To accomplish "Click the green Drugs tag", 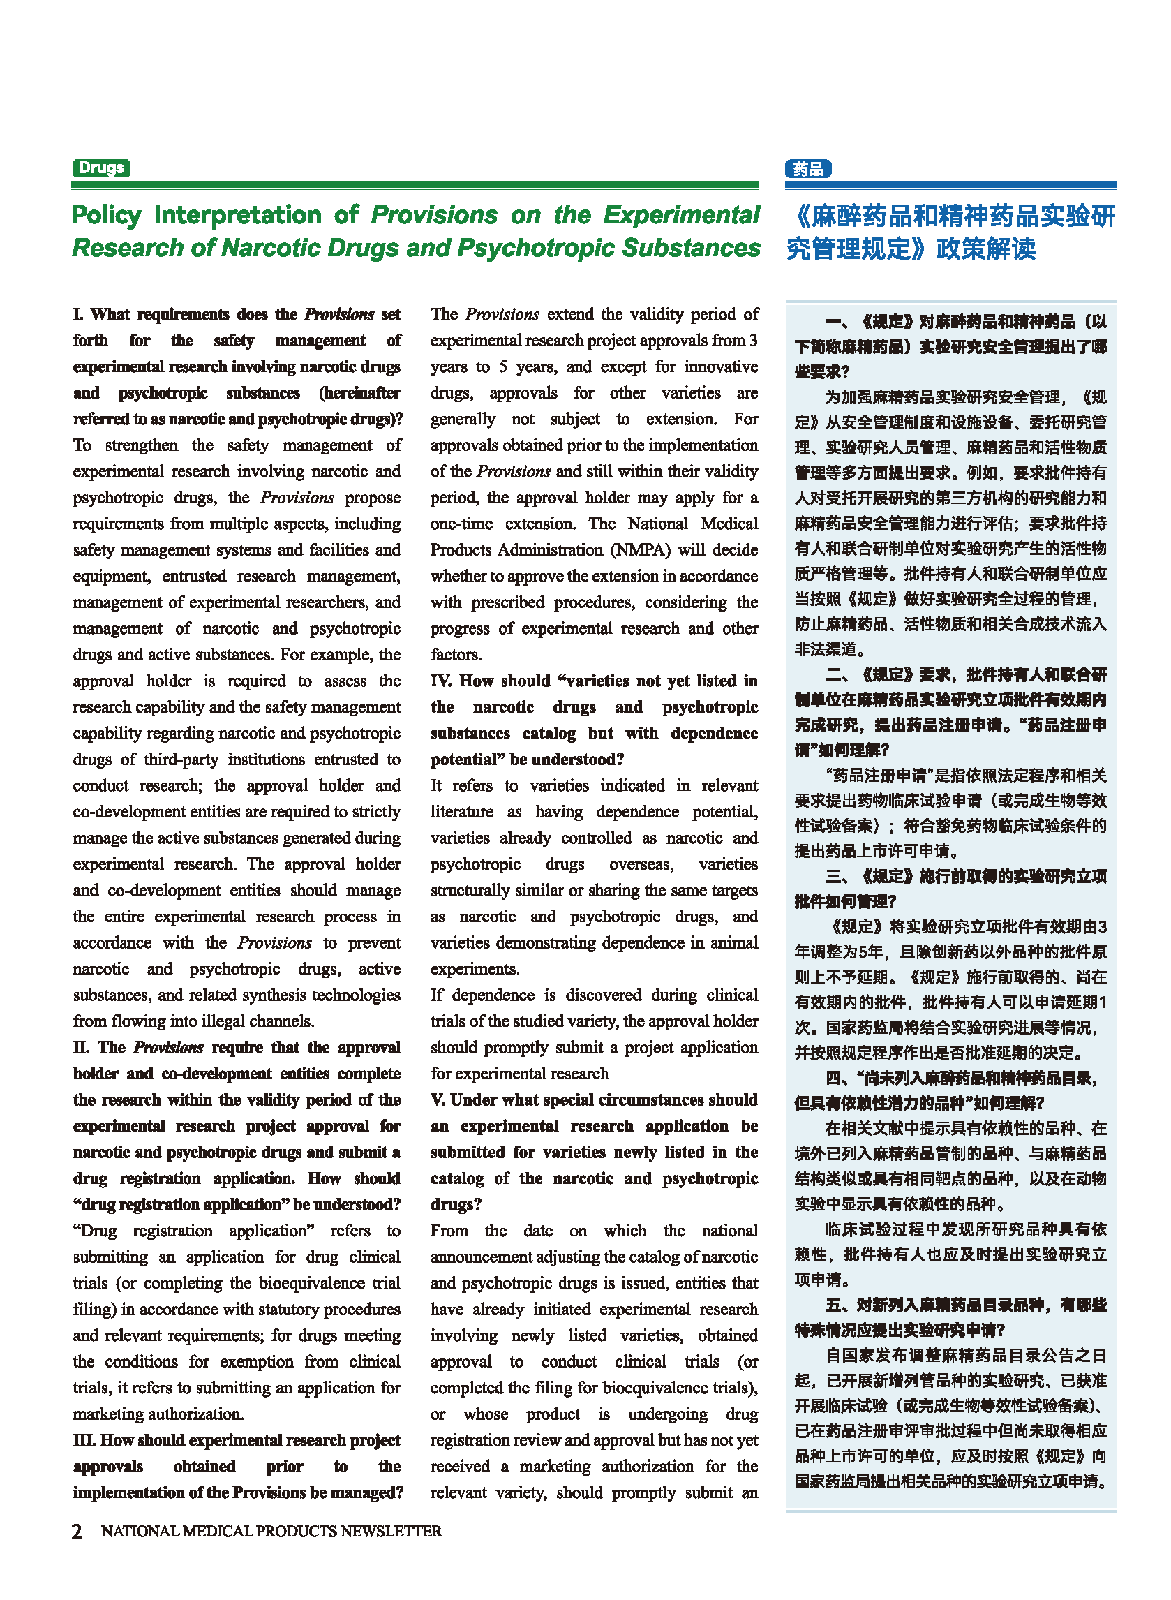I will pos(100,168).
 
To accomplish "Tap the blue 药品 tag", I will pos(808,169).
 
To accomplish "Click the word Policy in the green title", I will pos(107,215).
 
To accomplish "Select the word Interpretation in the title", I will pos(237,215).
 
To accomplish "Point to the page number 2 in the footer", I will pos(77,1531).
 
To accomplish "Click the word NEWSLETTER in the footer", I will pos(391,1531).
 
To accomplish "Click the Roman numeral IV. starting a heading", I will pos(441,681).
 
